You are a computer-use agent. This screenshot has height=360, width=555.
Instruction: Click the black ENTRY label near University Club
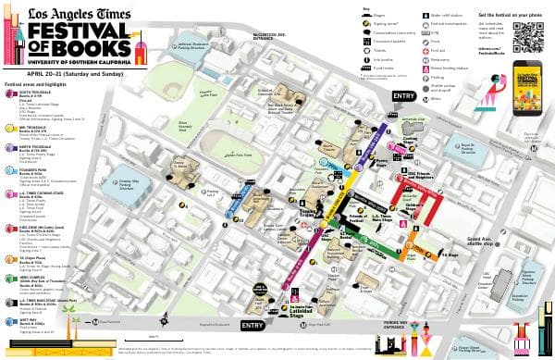(x=403, y=95)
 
